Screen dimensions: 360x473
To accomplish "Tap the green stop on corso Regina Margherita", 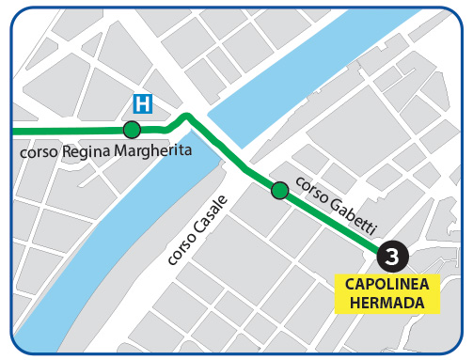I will [x=132, y=130].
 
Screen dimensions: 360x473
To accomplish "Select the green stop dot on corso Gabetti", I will [x=279, y=191].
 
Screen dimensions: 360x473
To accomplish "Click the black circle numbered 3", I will [x=392, y=255].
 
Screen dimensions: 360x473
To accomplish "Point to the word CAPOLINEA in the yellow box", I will [x=386, y=284].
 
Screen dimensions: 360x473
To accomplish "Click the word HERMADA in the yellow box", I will [x=386, y=302].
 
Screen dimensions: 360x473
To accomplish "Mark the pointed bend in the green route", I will [x=187, y=117].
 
